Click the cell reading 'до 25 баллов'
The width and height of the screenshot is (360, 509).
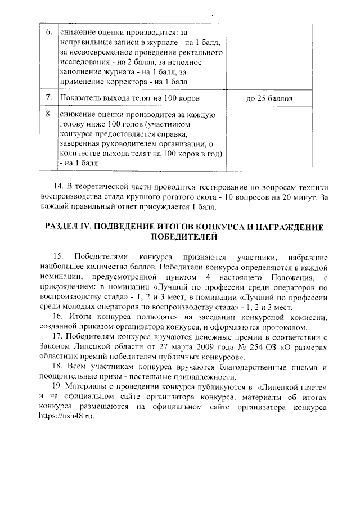(x=269, y=98)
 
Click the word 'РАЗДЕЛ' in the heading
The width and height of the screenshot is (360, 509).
(x=63, y=227)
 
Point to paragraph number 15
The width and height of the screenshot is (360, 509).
(x=58, y=258)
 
